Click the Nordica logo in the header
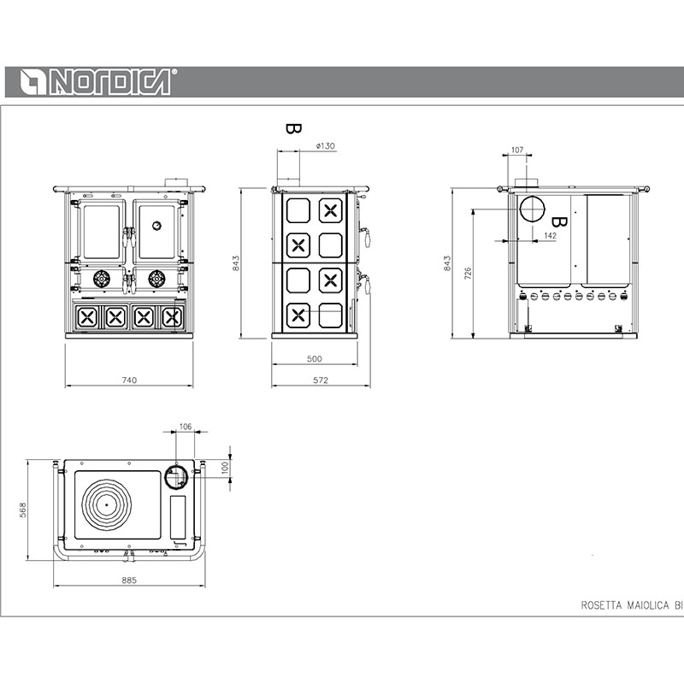pyautogui.click(x=98, y=81)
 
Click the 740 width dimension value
pyautogui.click(x=129, y=380)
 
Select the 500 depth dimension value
pyautogui.click(x=314, y=358)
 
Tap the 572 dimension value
pyautogui.click(x=320, y=380)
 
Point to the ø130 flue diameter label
pyautogui.click(x=326, y=145)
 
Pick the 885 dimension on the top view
pyautogui.click(x=129, y=581)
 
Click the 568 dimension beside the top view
pyautogui.click(x=23, y=510)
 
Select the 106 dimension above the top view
pyautogui.click(x=186, y=426)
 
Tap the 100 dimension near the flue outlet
pyautogui.click(x=225, y=468)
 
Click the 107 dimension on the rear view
pyautogui.click(x=517, y=150)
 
